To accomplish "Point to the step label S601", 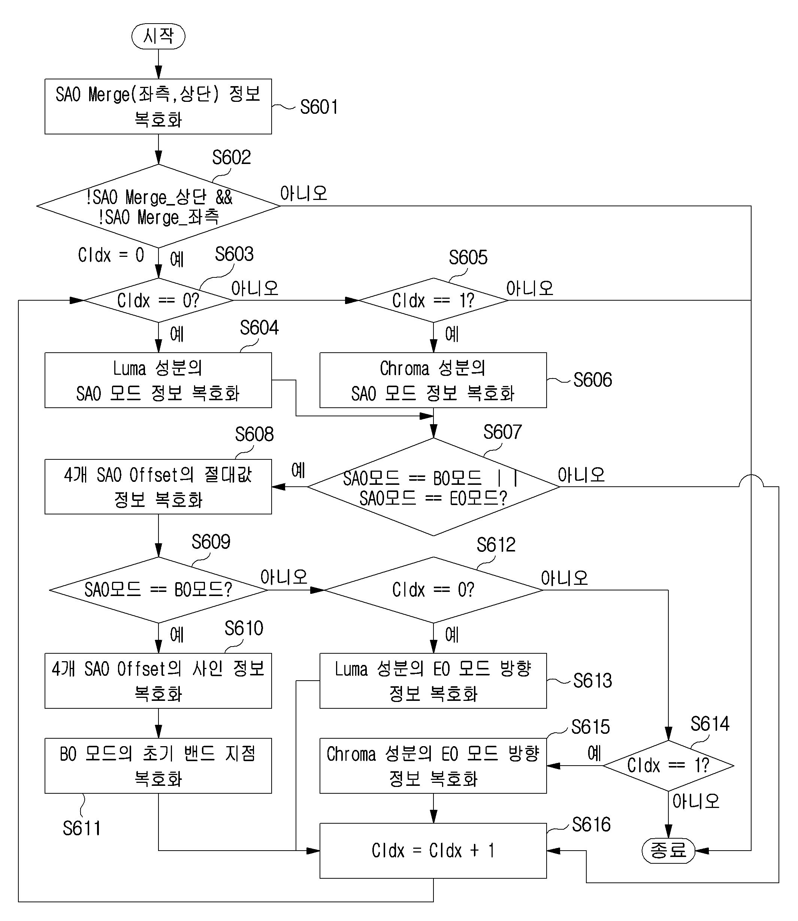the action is click(319, 107).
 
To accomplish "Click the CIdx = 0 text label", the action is click(111, 255).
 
